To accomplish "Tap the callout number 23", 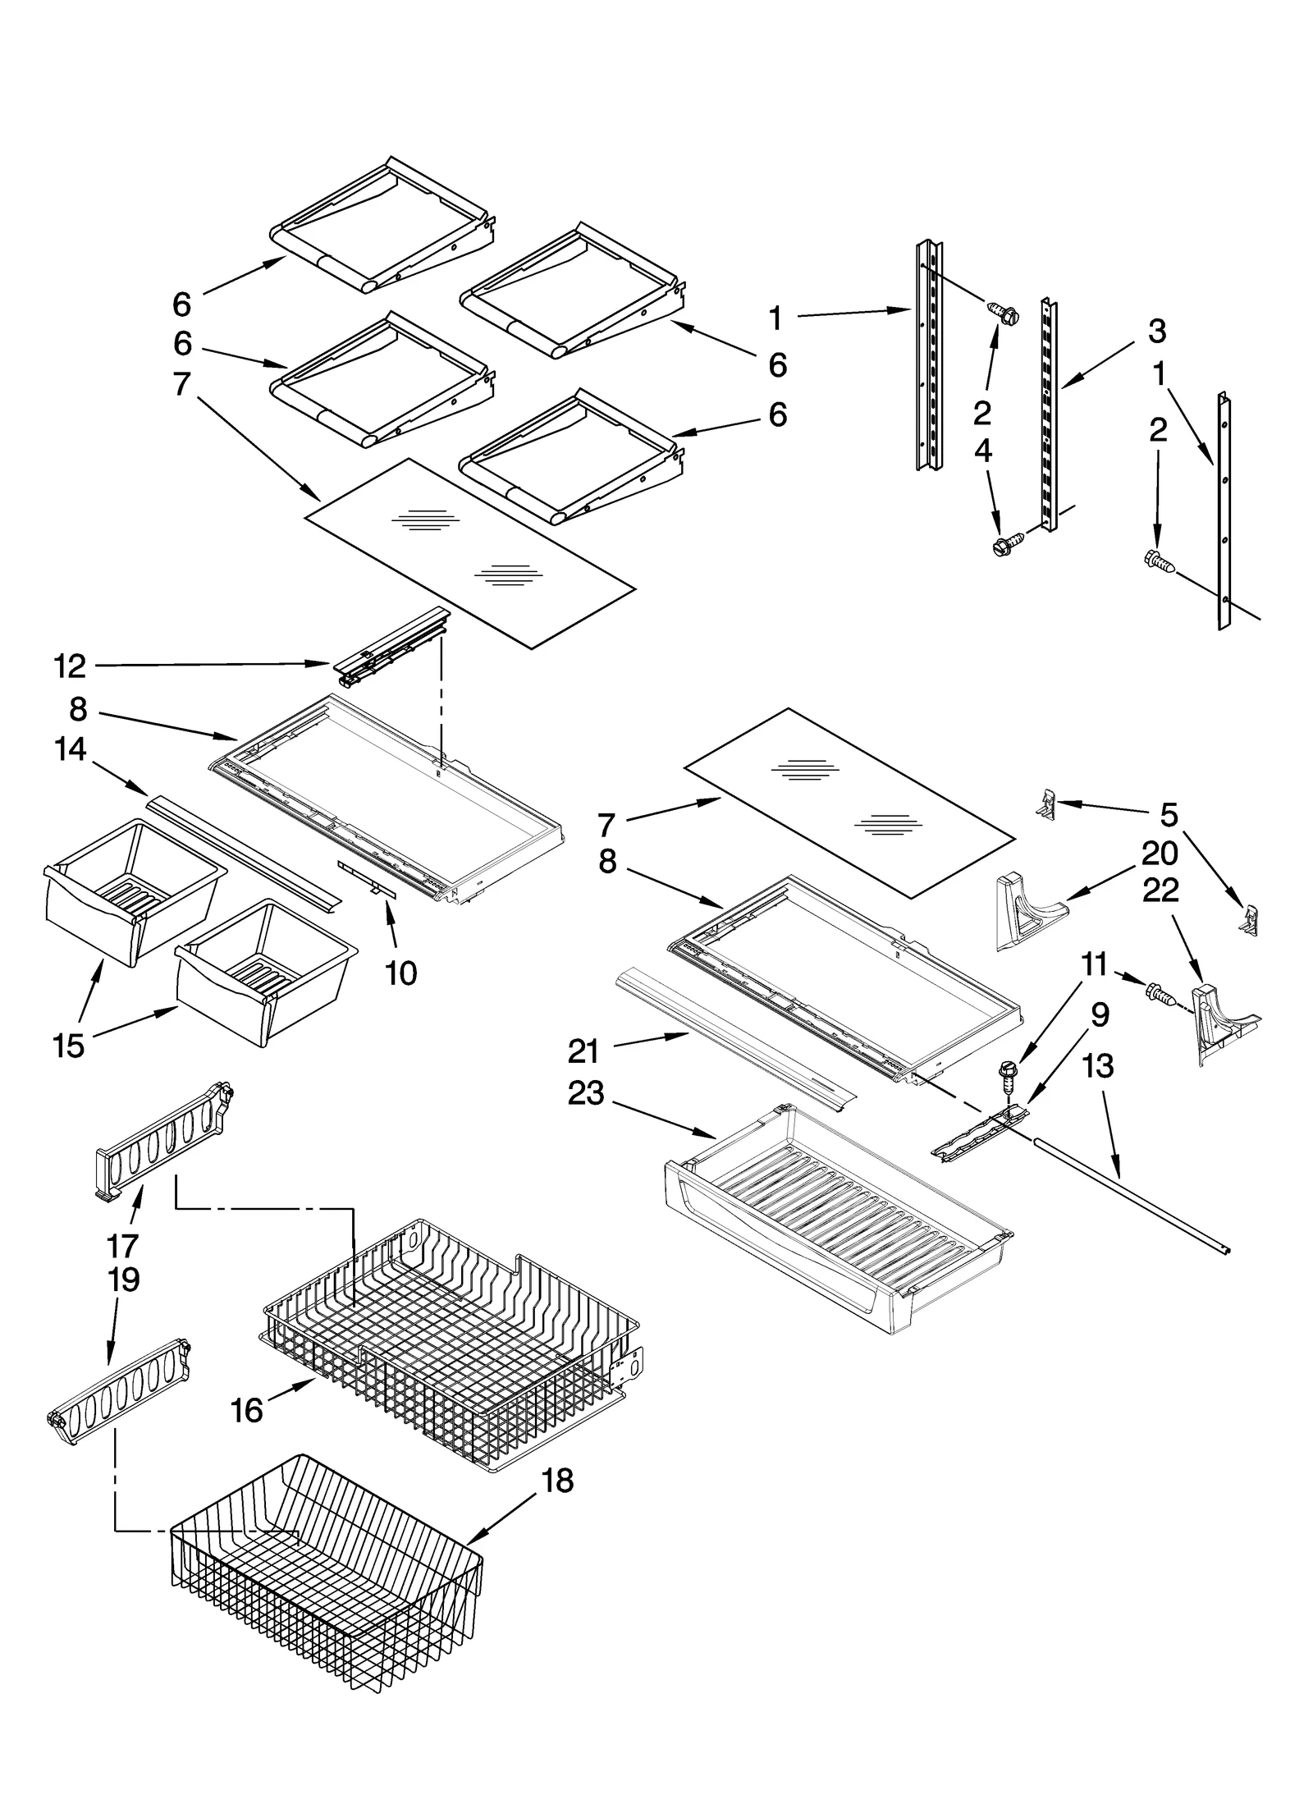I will (x=586, y=1093).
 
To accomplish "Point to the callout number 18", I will (x=558, y=1481).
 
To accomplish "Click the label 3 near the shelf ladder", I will (x=1157, y=332).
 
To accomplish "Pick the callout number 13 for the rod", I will (x=1098, y=1066).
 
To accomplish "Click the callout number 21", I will (x=583, y=1051).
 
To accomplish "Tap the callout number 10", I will (x=401, y=973).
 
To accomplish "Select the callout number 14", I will (x=71, y=749).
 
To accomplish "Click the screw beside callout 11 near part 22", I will (x=1159, y=994).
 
